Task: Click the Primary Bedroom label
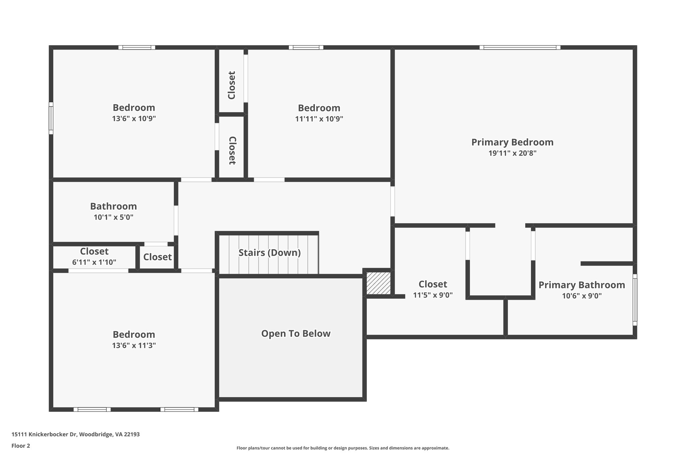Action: point(512,142)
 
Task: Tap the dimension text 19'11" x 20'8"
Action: point(512,153)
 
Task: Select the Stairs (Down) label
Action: point(269,253)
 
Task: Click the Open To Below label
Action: point(296,333)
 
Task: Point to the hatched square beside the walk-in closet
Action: point(378,283)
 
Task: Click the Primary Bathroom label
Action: point(581,285)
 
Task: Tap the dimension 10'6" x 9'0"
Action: point(581,296)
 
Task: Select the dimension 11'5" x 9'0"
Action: point(433,295)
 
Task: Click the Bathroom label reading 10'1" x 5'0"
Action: point(113,206)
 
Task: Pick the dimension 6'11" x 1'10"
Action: point(94,262)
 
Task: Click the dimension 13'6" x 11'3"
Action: point(134,346)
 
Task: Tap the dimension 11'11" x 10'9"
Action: point(319,119)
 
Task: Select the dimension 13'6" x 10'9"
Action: point(134,119)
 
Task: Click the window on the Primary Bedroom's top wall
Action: point(520,48)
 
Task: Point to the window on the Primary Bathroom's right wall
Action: point(634,300)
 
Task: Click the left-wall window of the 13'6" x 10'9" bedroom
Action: point(51,118)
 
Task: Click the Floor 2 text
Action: point(21,446)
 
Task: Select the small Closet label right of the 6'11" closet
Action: point(157,257)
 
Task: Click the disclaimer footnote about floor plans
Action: point(343,448)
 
